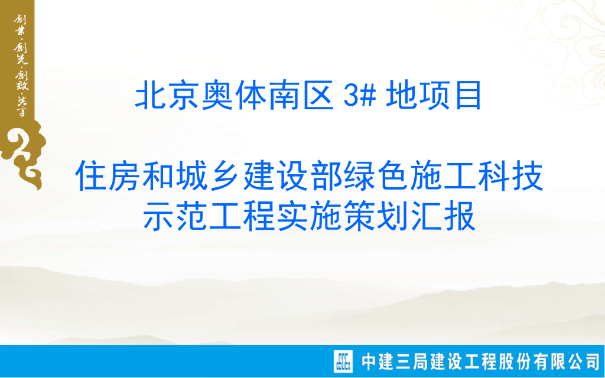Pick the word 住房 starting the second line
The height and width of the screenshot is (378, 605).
[x=108, y=177]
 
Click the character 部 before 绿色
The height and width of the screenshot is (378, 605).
[x=326, y=177]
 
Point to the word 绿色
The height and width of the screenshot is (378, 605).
[x=376, y=177]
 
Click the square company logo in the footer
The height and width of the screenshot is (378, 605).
[x=343, y=361]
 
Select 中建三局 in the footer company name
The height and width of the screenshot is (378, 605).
[x=395, y=361]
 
